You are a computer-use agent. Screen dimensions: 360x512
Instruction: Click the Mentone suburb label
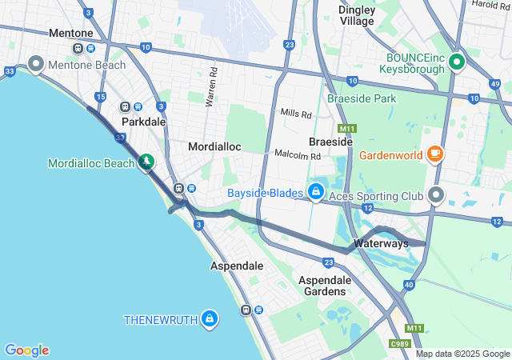coord(71,33)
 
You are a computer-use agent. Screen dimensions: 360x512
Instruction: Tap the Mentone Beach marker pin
coord(35,62)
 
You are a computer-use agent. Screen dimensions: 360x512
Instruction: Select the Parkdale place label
coord(144,122)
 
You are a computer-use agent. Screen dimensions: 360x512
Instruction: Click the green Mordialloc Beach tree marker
coord(146,162)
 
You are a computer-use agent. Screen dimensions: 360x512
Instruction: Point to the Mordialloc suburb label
coord(214,147)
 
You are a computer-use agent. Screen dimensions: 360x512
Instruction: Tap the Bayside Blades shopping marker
coord(317,192)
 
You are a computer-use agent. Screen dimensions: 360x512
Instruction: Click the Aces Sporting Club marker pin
coord(436,194)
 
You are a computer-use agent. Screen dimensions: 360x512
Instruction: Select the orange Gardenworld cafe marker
coord(435,153)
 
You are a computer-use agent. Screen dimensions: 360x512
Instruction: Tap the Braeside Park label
coord(362,98)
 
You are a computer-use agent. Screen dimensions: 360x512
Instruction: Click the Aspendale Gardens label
coord(325,286)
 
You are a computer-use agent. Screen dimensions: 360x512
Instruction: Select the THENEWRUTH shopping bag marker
coord(209,318)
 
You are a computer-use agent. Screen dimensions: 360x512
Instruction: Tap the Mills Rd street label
coord(296,114)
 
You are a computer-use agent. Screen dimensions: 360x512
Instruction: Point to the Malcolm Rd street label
coord(298,154)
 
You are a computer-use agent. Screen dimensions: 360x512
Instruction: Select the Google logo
coord(26,350)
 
